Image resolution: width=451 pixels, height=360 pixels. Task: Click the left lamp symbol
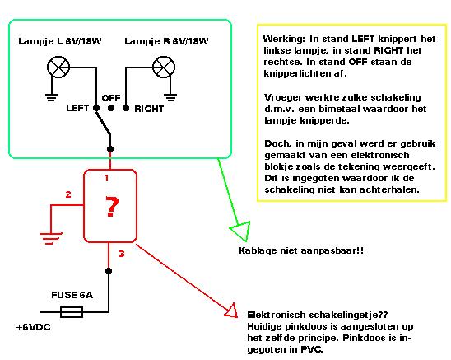[x=58, y=68]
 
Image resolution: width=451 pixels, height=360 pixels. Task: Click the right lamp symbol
[x=164, y=68]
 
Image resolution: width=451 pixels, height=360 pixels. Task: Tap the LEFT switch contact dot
[x=96, y=108]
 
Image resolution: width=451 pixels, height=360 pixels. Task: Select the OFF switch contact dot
[x=111, y=108]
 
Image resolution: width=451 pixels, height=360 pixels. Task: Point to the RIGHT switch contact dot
[x=126, y=108]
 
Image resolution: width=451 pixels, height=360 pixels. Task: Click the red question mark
[x=112, y=206]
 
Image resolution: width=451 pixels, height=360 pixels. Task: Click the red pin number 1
[x=106, y=178]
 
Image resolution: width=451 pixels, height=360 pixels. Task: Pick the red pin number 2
[x=68, y=194]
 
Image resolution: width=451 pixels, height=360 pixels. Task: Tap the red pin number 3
[x=121, y=254]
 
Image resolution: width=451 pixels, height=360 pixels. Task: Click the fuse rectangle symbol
[x=72, y=312]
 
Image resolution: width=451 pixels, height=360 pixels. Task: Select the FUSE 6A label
[x=72, y=295]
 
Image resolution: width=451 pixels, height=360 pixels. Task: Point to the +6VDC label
[x=34, y=327]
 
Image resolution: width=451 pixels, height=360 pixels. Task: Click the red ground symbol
[x=51, y=238]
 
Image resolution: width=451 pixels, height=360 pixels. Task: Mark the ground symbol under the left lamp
[x=52, y=98]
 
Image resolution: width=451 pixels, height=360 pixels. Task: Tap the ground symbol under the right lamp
[x=170, y=98]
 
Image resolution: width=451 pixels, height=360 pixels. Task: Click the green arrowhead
[x=241, y=230]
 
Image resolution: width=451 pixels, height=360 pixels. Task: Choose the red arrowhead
[x=232, y=311]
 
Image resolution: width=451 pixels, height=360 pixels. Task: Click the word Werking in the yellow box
[x=285, y=40]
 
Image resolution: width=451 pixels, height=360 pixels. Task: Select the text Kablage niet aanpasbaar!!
[x=301, y=250]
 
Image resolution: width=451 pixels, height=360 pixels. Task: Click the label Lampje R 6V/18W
[x=166, y=41]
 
